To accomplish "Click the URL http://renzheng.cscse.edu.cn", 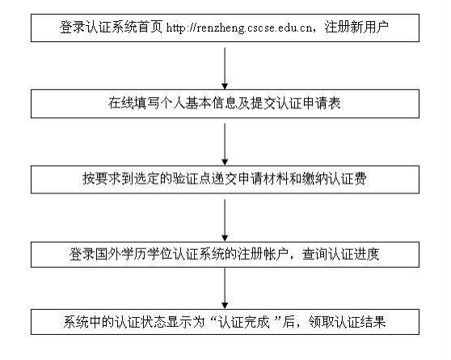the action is [x=239, y=28].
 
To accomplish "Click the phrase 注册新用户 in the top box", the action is [x=356, y=28].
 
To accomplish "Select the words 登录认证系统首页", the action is [x=111, y=28].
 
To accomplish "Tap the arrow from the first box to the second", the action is [x=225, y=68].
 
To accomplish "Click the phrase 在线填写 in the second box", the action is [x=133, y=103].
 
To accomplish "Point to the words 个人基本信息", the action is [x=198, y=103].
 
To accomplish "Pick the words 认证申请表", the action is [x=309, y=103].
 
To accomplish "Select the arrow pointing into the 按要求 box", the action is [x=225, y=144].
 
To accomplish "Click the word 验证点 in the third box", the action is [x=192, y=179].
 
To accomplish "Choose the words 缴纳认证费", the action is [x=335, y=179].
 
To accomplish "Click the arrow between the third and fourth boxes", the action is [x=225, y=220].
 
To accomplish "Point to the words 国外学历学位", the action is [x=133, y=255].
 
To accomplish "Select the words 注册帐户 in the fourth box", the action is [x=263, y=255].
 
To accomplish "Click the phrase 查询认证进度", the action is [x=341, y=255].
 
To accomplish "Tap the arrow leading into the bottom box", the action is [x=225, y=288].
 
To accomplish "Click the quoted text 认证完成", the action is [x=243, y=322].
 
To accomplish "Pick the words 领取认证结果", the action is [x=348, y=322].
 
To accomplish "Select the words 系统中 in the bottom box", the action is [x=82, y=322].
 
